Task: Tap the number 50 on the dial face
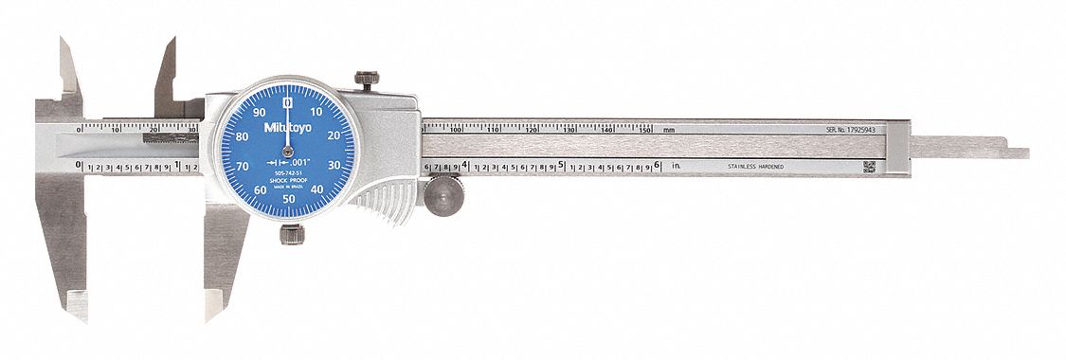click(x=288, y=200)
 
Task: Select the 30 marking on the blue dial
click(x=334, y=166)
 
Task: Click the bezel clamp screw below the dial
click(x=291, y=233)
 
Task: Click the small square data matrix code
click(x=869, y=166)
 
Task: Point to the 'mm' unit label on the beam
click(x=669, y=128)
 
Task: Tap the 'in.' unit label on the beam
click(x=677, y=166)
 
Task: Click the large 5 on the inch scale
click(x=562, y=165)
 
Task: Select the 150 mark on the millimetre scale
click(x=645, y=128)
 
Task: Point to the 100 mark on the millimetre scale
click(x=456, y=128)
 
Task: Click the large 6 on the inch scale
click(x=657, y=165)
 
